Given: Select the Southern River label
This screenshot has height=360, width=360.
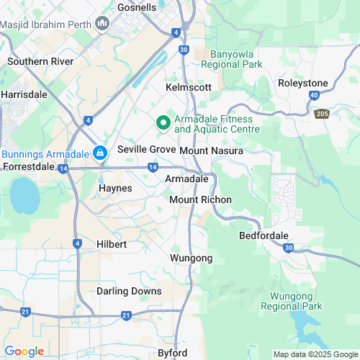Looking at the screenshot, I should [40, 62].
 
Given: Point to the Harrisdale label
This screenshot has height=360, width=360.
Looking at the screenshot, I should [24, 94].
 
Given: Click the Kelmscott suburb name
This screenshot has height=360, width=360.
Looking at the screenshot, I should [189, 86].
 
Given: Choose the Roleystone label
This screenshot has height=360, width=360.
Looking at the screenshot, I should [302, 83].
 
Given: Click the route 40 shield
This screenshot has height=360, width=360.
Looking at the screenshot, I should [314, 95].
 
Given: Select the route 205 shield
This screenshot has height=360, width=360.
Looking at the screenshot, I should [320, 114].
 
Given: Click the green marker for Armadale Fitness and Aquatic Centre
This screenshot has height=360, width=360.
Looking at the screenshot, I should [163, 123].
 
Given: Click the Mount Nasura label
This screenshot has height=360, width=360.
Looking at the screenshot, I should [211, 151].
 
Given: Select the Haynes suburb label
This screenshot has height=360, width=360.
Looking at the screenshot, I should [114, 188].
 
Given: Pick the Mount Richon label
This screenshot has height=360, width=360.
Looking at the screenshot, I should [200, 199].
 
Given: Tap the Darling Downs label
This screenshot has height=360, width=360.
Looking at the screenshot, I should [127, 291].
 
